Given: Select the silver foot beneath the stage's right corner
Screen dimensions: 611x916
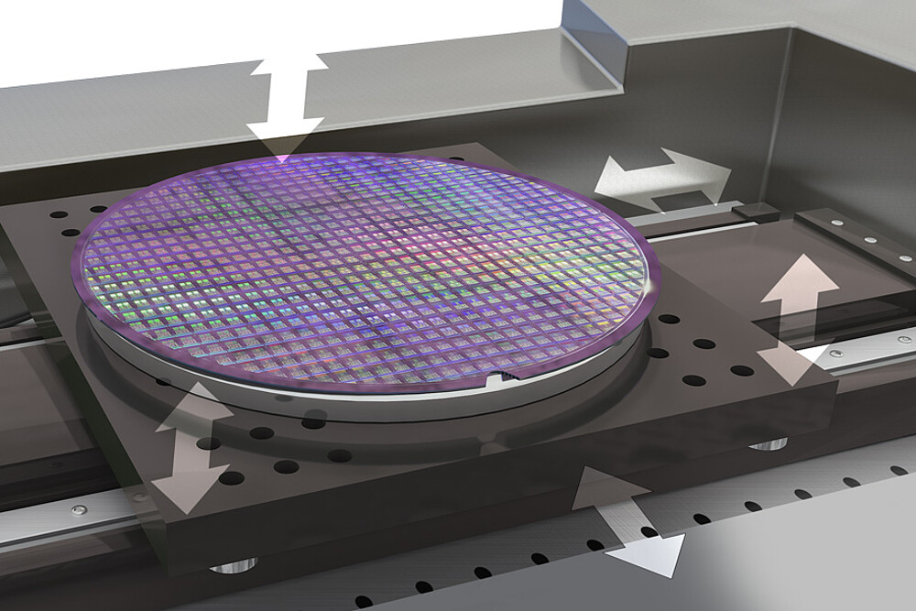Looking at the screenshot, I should (768, 445).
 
